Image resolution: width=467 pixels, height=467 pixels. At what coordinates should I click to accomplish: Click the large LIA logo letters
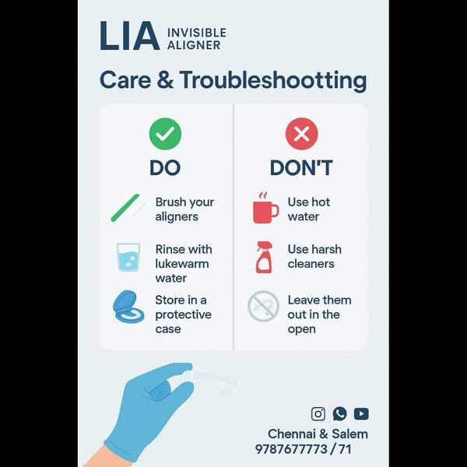click(x=129, y=36)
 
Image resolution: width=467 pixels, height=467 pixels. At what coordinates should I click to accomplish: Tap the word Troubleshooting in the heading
click(x=273, y=80)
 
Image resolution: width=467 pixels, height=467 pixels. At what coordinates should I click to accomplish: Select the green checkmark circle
click(x=165, y=134)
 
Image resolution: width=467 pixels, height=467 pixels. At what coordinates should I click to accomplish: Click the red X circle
click(x=301, y=134)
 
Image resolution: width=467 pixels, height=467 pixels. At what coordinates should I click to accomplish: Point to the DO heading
click(x=165, y=167)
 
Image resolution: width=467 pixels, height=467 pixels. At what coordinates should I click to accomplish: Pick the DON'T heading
click(x=301, y=167)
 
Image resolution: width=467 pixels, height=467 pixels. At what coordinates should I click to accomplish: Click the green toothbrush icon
click(x=127, y=208)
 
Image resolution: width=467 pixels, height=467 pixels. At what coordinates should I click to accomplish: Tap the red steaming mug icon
click(x=265, y=208)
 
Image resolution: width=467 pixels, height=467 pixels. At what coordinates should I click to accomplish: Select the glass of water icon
click(x=128, y=257)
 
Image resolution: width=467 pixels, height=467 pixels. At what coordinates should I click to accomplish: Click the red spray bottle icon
click(x=264, y=257)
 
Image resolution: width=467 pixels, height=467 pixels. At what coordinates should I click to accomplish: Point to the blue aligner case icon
click(x=128, y=307)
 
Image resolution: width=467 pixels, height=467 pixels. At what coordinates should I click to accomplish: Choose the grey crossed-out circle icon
click(x=264, y=306)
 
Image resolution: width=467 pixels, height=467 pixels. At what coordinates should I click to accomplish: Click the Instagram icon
click(x=318, y=414)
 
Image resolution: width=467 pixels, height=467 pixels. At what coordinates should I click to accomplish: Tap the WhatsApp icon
click(x=340, y=414)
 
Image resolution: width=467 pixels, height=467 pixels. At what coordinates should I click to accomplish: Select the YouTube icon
click(x=361, y=414)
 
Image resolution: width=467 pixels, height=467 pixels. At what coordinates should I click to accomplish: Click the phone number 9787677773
click(x=291, y=449)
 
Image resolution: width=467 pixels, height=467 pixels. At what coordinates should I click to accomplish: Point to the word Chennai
click(x=292, y=434)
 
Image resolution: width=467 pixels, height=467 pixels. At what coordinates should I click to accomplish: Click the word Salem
click(x=349, y=434)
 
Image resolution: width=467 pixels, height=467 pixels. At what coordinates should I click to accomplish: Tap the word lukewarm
click(x=182, y=264)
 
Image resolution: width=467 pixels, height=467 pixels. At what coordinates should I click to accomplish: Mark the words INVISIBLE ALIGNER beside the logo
click(x=197, y=39)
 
